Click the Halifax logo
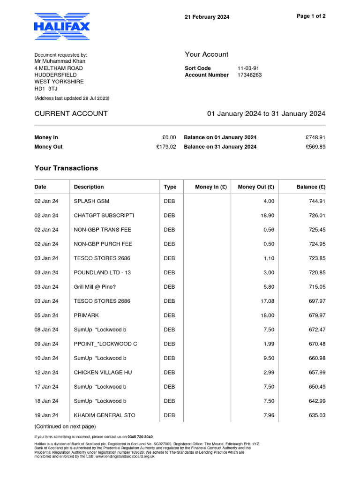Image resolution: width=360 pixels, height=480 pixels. [62, 27]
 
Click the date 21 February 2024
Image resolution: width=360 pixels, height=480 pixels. [207, 17]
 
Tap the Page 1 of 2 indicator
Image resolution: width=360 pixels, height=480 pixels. [311, 16]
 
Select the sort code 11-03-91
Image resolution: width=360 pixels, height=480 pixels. [247, 68]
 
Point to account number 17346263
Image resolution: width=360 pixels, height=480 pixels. [250, 75]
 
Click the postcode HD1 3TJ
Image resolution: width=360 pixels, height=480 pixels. [46, 88]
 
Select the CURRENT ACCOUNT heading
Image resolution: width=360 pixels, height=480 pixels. [71, 114]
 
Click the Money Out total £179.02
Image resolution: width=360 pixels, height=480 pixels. [166, 147]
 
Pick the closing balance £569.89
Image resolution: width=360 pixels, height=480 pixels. [315, 147]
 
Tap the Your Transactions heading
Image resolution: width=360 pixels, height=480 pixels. [66, 168]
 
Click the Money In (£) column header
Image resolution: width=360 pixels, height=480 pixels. [210, 187]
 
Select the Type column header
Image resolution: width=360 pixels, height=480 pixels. [170, 187]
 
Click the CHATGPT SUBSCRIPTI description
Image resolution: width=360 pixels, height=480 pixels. [104, 216]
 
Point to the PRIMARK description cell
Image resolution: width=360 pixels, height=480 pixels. [86, 315]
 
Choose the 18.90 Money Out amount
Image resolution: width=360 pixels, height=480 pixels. [267, 216]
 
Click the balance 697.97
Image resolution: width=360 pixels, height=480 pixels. [315, 301]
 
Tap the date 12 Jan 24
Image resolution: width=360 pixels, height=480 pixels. [46, 373]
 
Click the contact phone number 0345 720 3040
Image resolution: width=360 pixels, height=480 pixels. [140, 437]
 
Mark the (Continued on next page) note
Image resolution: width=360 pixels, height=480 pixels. [65, 427]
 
